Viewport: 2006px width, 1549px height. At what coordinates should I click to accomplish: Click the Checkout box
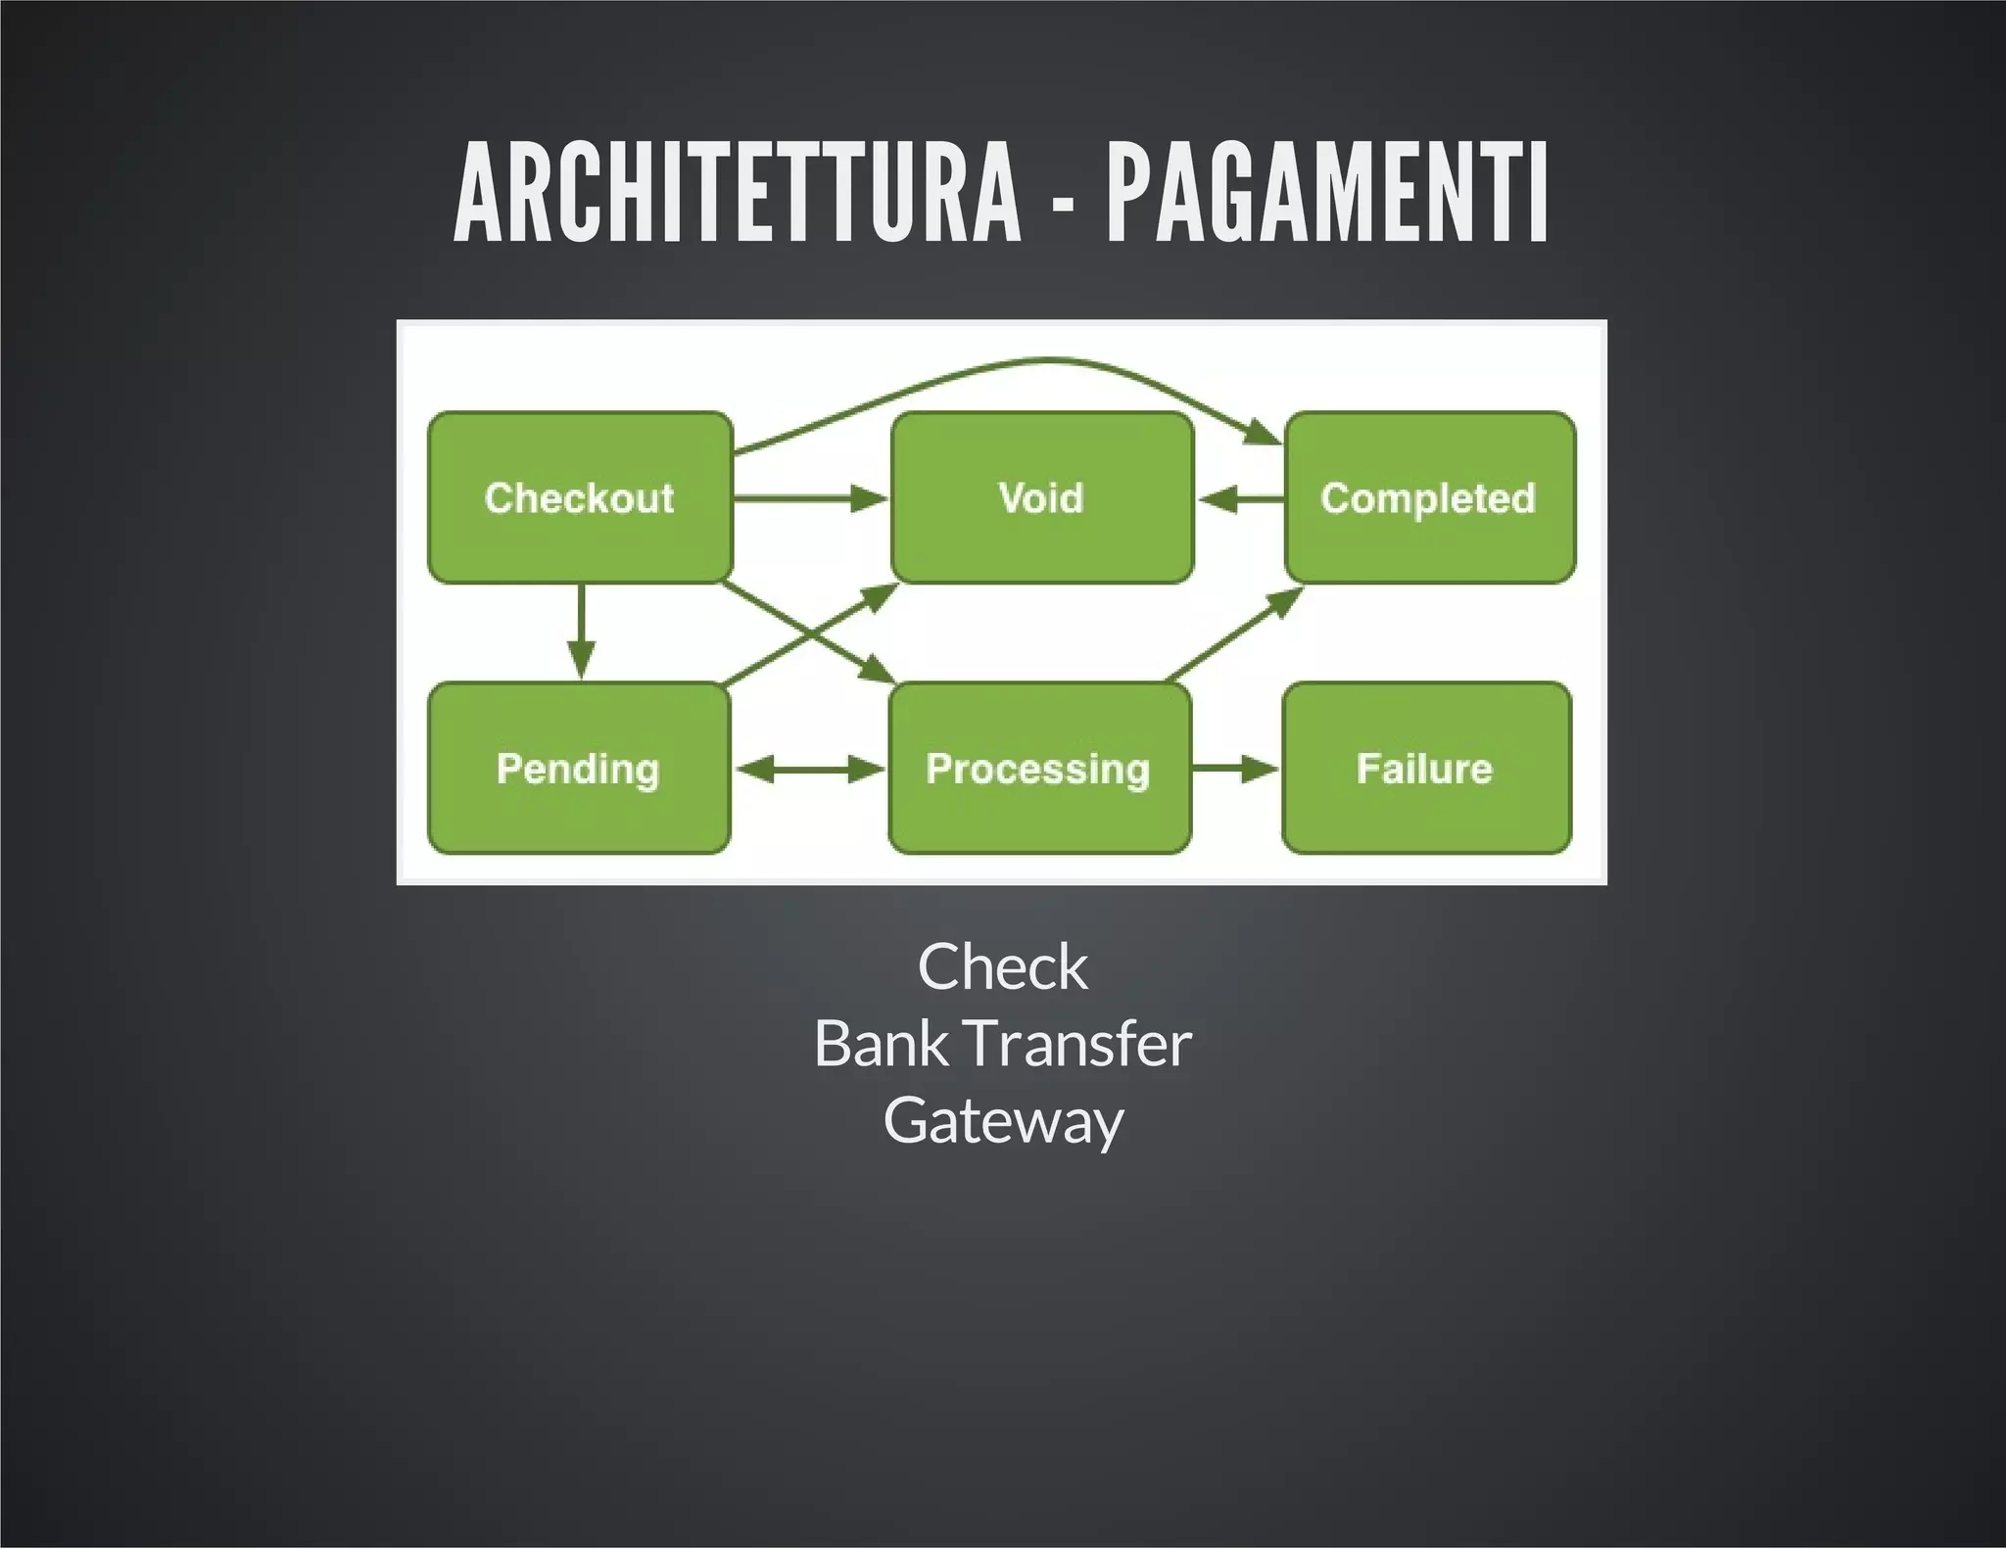[580, 497]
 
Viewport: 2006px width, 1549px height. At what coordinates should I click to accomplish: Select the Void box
[1041, 497]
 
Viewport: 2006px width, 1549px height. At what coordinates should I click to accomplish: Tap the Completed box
[1428, 497]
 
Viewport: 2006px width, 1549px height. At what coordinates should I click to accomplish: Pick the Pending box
[578, 768]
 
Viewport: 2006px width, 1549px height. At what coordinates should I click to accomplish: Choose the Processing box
[1038, 768]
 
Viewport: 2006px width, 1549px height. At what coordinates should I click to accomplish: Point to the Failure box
[1425, 768]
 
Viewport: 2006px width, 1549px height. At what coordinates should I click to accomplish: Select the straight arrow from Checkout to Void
[808, 499]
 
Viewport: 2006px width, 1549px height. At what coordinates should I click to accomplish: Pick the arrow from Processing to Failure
[1234, 770]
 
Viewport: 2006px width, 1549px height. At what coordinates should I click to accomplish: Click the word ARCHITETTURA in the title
[737, 192]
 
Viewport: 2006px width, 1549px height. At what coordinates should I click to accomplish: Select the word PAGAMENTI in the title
[1326, 192]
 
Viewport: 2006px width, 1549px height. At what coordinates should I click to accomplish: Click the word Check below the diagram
[1002, 967]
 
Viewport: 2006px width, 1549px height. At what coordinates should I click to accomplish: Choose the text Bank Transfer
[1002, 1044]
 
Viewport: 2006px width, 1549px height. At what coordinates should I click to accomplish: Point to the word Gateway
[1002, 1120]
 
